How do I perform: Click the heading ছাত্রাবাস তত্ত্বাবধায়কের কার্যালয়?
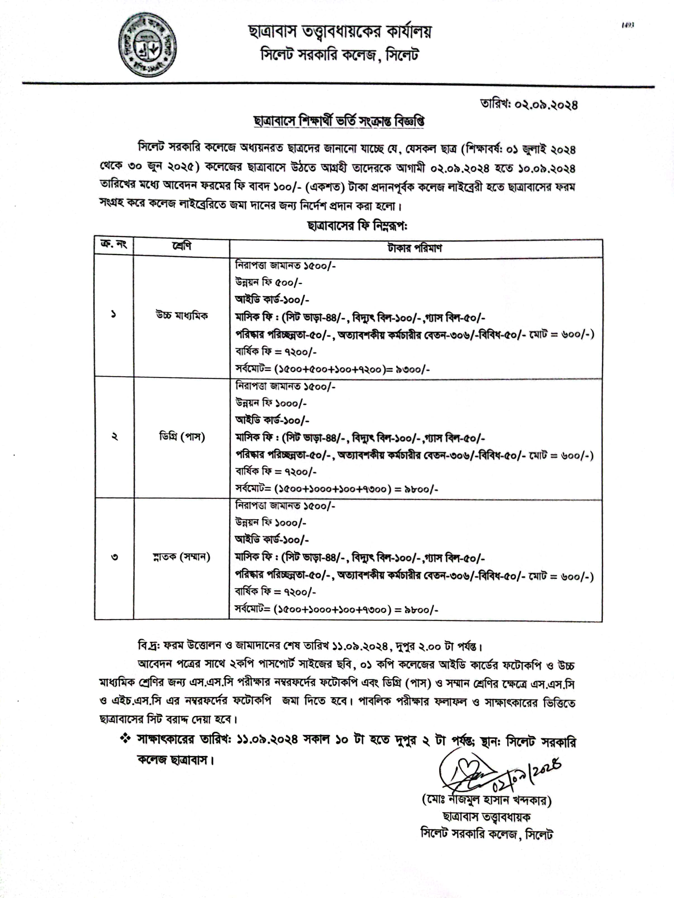coord(340,32)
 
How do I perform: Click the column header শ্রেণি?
coord(181,246)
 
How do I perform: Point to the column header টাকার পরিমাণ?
coord(415,248)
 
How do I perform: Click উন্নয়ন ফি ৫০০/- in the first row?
coord(269,283)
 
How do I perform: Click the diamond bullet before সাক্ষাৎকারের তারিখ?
coord(125,739)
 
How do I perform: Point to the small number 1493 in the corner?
coord(627,25)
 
